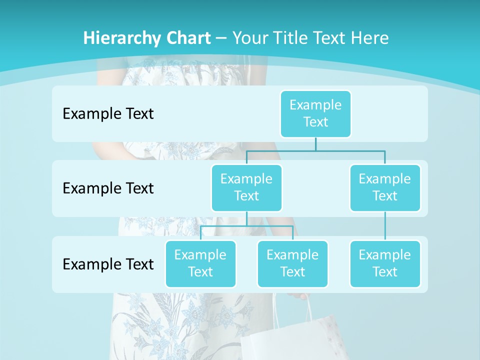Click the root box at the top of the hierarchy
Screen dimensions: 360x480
point(315,113)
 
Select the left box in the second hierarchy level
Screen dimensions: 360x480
point(246,187)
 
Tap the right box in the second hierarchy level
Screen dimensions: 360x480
point(385,187)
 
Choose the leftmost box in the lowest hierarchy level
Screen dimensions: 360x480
point(200,263)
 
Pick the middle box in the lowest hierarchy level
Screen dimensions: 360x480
point(292,263)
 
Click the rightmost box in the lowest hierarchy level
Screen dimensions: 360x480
point(385,263)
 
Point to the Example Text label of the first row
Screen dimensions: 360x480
point(108,114)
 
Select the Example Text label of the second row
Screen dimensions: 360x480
point(108,188)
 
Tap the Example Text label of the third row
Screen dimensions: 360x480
point(108,264)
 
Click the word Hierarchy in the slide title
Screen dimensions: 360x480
point(120,38)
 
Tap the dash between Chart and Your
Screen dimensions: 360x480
point(221,38)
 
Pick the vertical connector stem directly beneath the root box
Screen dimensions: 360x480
point(315,144)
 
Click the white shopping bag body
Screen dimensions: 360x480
point(280,340)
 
